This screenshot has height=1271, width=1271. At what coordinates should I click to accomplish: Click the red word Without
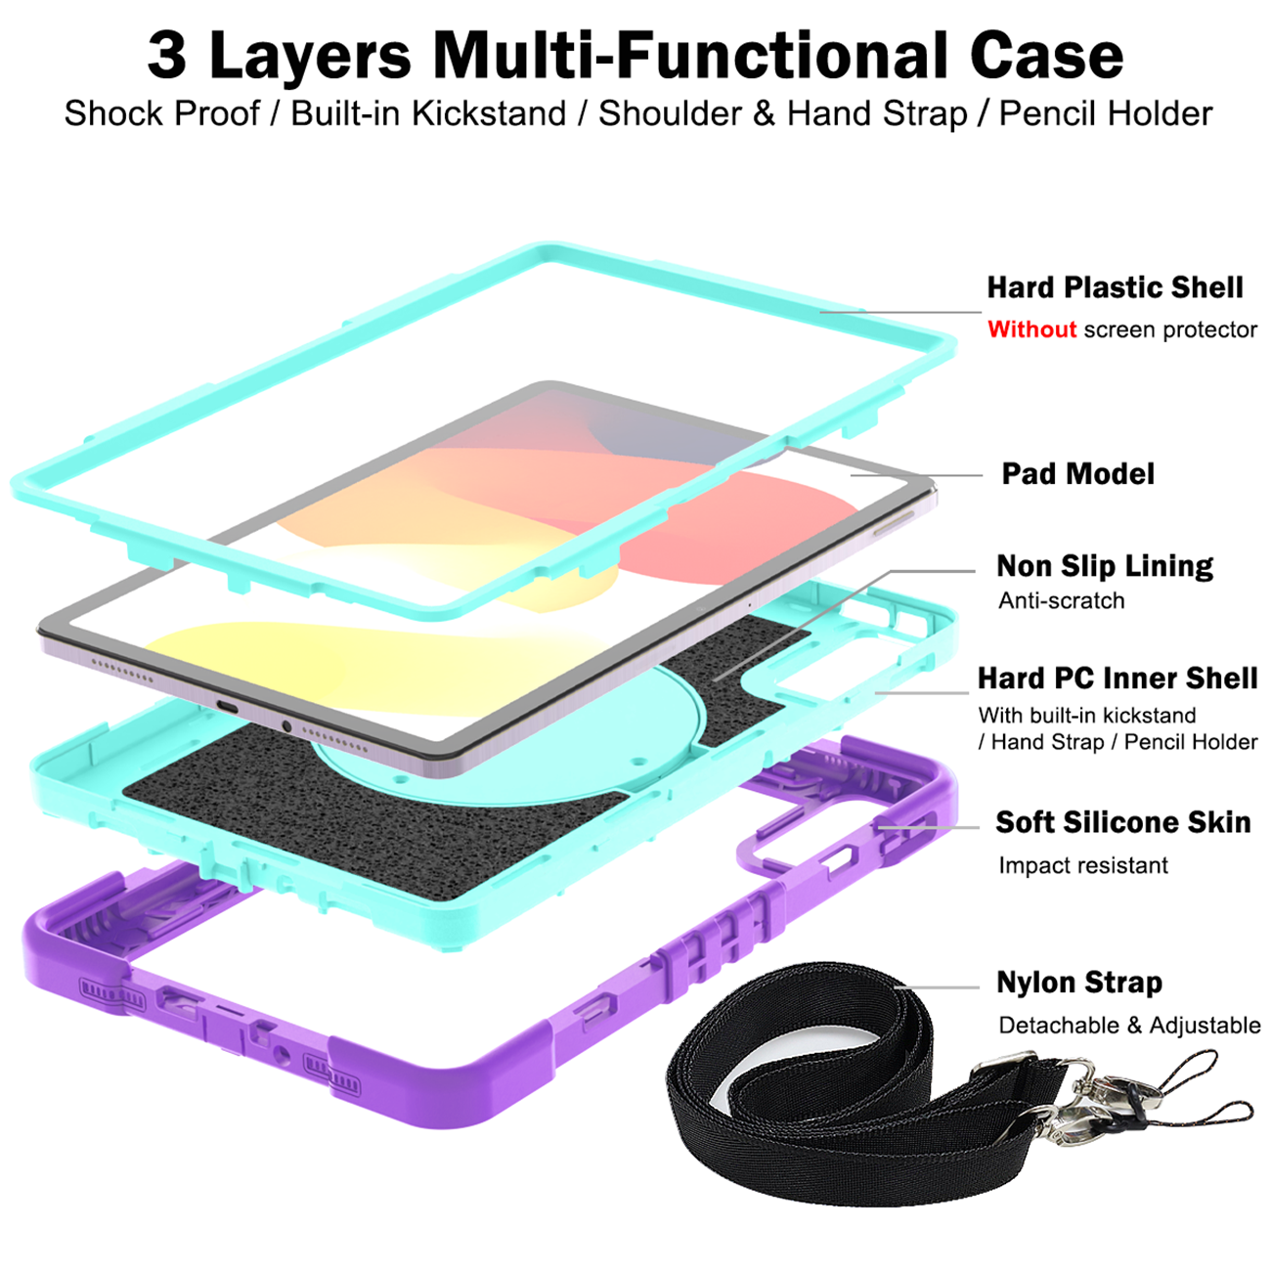(1031, 329)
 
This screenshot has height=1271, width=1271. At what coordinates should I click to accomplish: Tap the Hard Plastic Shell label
(1115, 287)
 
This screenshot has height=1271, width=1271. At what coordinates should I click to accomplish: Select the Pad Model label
(1077, 473)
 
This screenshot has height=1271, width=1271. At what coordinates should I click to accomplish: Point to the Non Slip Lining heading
(1105, 566)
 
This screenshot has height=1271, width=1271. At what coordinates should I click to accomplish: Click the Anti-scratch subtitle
(1061, 601)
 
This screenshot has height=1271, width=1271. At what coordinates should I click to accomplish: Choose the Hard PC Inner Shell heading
(1118, 679)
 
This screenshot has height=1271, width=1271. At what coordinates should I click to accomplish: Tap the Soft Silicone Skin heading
(1123, 822)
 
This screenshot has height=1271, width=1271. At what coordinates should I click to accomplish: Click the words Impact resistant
(1083, 865)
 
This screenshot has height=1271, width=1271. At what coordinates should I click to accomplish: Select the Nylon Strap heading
(1079, 984)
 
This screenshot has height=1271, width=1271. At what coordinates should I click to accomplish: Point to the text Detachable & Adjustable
(1129, 1026)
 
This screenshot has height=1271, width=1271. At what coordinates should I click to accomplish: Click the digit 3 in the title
(166, 56)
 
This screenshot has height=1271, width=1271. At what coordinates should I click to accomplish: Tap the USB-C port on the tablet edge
(230, 707)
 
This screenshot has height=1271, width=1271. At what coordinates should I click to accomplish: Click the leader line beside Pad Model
(917, 475)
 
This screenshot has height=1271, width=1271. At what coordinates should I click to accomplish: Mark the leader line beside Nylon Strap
(937, 987)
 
